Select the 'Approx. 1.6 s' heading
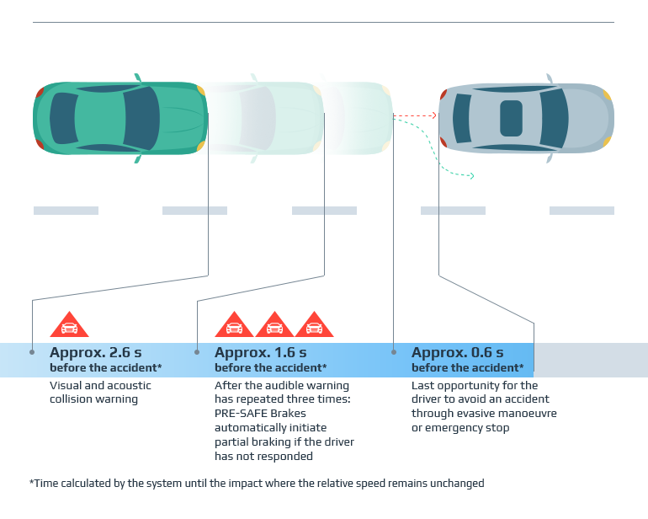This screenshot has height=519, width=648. pos(260,352)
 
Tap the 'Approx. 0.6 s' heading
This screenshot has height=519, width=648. pos(457,352)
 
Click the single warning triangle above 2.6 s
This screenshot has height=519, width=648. pos(69,326)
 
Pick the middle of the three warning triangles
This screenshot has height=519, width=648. pos(274,326)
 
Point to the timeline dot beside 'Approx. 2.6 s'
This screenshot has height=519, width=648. pos(32,352)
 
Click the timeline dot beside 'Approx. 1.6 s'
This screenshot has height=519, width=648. pos(197,352)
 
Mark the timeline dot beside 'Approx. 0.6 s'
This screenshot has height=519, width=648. pos(394,352)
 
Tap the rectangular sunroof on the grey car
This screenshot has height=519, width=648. pos(511,118)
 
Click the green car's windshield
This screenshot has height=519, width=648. pos(141,118)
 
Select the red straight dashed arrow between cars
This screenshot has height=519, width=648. pos(414,115)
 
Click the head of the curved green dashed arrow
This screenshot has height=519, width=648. pos(471,176)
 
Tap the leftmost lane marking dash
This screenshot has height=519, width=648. pos(66,211)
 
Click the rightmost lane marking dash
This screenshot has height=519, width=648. pos(582,211)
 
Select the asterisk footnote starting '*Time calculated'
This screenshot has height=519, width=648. pos(257,483)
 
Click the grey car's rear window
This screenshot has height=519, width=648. pos(461,118)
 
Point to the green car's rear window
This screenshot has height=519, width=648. pos(62,118)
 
